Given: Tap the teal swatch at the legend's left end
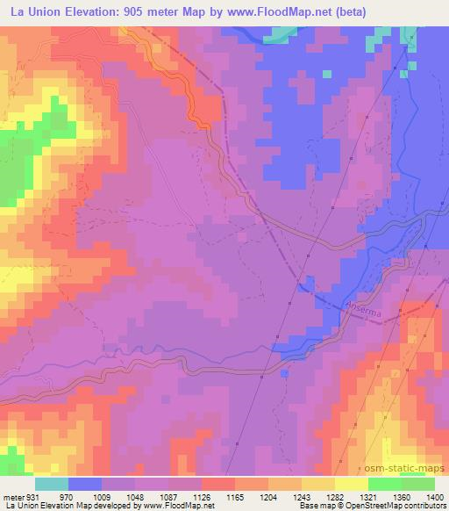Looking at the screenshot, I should (x=51, y=484).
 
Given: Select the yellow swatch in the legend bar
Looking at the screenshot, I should (x=351, y=484).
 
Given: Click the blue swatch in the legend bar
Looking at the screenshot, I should (x=85, y=484).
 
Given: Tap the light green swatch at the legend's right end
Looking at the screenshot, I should (x=418, y=484).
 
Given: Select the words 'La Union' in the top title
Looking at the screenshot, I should (x=32, y=11).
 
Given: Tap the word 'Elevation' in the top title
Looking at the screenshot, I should (x=95, y=11).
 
